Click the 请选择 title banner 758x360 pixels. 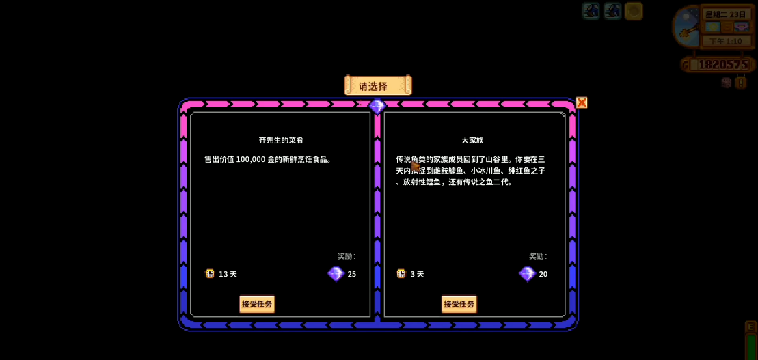pos(377,85)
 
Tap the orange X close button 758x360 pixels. pos(582,102)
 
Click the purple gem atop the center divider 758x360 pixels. pos(377,106)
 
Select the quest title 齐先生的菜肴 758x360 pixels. pos(281,140)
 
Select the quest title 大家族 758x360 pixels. pos(472,140)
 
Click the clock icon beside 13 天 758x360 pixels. pos(210,273)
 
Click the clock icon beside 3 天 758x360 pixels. pos(401,273)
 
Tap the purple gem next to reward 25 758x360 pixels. pos(336,274)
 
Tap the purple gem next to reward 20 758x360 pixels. pos(527,274)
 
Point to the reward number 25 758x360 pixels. pos(352,274)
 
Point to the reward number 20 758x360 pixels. pos(543,274)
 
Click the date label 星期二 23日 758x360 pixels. pos(726,14)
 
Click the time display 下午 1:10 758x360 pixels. pos(726,42)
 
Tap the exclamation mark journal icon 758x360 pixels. pos(742,83)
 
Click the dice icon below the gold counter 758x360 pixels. pos(727,83)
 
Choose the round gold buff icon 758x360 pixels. pos(634,11)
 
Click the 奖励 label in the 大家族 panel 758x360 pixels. pos(538,256)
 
